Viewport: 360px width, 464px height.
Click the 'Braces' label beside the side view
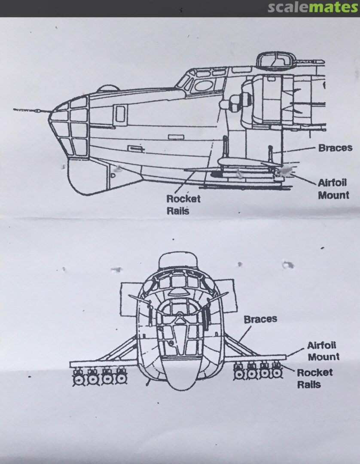click(x=335, y=148)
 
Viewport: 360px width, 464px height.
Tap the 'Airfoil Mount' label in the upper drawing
click(x=333, y=189)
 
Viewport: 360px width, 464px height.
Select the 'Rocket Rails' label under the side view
click(x=183, y=205)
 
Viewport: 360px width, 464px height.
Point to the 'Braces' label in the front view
click(x=260, y=319)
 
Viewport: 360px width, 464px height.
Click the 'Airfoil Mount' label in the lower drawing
click(x=322, y=351)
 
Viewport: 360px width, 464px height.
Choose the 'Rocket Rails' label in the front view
click(x=315, y=378)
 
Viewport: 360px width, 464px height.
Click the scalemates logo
click(x=313, y=8)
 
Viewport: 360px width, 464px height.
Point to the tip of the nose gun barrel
click(x=15, y=110)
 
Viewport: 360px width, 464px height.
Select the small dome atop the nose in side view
click(x=107, y=89)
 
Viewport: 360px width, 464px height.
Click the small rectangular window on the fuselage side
click(x=121, y=113)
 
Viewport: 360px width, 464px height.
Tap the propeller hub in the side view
click(x=227, y=104)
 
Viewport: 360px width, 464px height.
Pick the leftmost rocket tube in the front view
click(x=78, y=379)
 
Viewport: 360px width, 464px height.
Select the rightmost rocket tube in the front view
click(x=277, y=374)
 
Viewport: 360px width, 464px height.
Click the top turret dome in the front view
click(x=178, y=261)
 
